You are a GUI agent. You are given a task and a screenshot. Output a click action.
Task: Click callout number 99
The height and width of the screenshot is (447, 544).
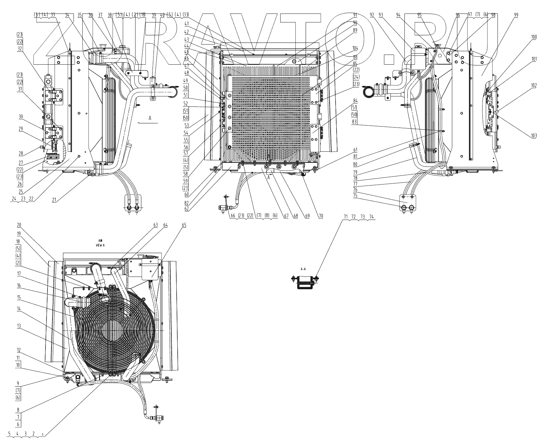pyautogui.click(x=516, y=15)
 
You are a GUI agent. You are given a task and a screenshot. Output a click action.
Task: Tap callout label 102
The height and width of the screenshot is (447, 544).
pyautogui.click(x=534, y=85)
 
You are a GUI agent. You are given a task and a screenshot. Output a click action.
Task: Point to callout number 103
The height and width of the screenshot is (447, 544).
pyautogui.click(x=533, y=135)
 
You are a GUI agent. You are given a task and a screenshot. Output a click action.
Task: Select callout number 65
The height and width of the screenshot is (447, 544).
pyautogui.click(x=184, y=225)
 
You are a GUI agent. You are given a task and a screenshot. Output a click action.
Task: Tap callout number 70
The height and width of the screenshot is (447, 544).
pyautogui.click(x=321, y=217)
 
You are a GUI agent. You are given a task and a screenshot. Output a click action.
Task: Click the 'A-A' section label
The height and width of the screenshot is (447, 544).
pyautogui.click(x=303, y=269)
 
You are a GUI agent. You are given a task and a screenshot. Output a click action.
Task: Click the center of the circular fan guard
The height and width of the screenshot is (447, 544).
pyautogui.click(x=115, y=330)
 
